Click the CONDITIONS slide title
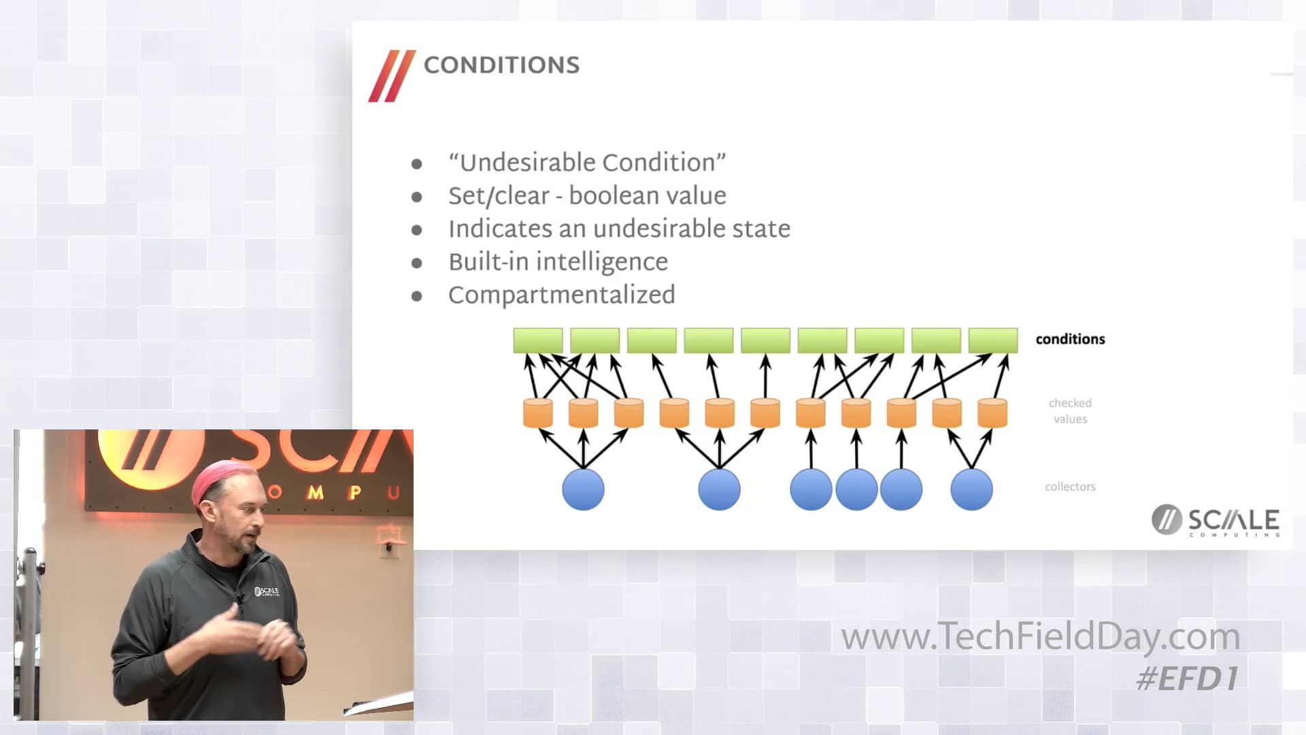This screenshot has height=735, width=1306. click(x=501, y=65)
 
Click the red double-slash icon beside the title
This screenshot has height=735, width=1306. click(x=391, y=76)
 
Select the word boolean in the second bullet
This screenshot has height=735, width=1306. click(x=612, y=196)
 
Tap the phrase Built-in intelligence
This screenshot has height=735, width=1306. click(x=558, y=262)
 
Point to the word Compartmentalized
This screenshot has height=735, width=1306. click(x=561, y=295)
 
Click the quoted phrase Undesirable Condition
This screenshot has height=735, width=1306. click(x=587, y=163)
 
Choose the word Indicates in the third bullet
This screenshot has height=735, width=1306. click(x=500, y=229)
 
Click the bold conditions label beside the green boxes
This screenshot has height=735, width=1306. click(x=1070, y=339)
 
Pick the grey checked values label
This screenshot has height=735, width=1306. click(x=1070, y=411)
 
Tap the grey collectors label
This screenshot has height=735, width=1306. click(x=1070, y=487)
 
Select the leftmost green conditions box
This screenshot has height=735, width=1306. click(x=538, y=340)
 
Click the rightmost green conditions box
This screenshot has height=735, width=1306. click(x=992, y=340)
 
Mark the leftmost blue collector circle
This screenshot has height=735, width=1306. click(x=583, y=489)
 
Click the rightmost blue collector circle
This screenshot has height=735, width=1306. click(x=971, y=489)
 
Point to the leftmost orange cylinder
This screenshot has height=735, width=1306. click(x=537, y=413)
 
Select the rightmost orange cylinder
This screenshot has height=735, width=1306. click(x=992, y=413)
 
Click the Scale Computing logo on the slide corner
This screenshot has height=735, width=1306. click(x=1215, y=521)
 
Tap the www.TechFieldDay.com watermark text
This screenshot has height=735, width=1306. click(x=1040, y=637)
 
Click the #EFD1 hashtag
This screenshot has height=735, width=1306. click(x=1187, y=679)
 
